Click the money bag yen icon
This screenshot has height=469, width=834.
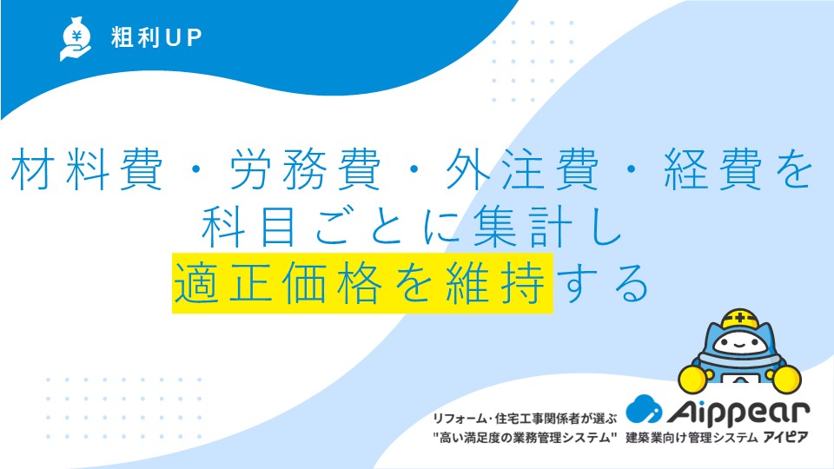(x=75, y=39)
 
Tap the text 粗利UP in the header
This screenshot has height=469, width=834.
(x=156, y=37)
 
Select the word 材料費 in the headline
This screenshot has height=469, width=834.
(x=87, y=169)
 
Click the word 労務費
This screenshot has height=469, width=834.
(x=305, y=169)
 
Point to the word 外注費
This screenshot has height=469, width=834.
(x=523, y=169)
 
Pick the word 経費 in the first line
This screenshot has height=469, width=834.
(x=713, y=169)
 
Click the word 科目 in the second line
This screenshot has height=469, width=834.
(x=249, y=227)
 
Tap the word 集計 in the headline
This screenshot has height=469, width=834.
(x=523, y=227)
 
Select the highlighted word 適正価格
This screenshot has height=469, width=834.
(x=278, y=283)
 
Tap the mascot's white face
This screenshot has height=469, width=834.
(x=740, y=344)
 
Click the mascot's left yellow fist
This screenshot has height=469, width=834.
(x=693, y=379)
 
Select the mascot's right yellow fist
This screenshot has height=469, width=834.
(x=787, y=379)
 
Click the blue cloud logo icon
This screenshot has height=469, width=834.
(x=644, y=409)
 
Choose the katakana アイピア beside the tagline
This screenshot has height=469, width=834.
(x=786, y=438)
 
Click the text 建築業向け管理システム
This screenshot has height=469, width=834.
(x=692, y=438)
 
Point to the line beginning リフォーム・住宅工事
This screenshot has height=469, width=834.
(x=525, y=419)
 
